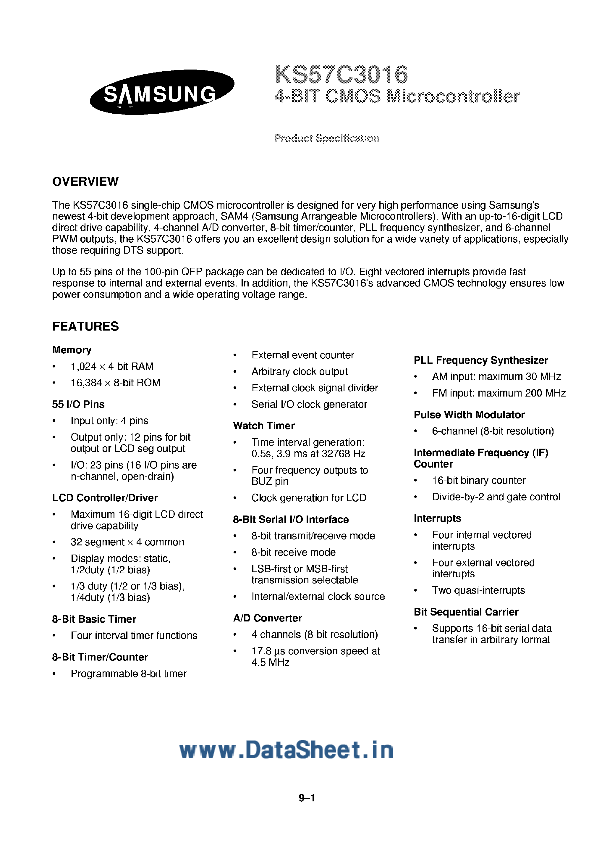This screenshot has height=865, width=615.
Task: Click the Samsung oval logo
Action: [162, 92]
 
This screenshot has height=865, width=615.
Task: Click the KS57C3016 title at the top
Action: [341, 75]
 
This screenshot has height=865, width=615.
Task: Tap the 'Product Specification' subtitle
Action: [326, 138]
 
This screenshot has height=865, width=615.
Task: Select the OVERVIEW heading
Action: [85, 182]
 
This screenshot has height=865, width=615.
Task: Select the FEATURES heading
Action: [85, 326]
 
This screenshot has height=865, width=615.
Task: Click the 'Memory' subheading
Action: [72, 350]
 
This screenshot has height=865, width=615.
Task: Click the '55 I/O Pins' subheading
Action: [78, 405]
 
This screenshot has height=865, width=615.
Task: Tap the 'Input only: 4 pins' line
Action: [109, 421]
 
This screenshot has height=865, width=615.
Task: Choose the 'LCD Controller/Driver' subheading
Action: [105, 498]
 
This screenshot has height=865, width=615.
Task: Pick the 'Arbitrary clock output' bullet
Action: [299, 371]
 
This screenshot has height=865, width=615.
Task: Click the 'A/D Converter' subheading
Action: [267, 618]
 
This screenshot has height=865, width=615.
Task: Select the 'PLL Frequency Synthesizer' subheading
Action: [480, 360]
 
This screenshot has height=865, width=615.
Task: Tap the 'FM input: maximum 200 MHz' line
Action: [499, 393]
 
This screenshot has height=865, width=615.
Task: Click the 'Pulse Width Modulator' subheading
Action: [469, 415]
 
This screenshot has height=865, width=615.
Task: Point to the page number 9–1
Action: [307, 798]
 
